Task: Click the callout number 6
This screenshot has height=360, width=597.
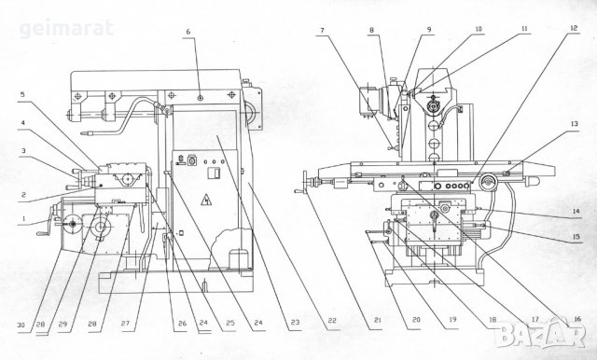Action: coord(188,32)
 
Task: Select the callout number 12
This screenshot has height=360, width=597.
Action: coord(574,28)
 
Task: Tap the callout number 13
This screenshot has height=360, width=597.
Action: coord(575,124)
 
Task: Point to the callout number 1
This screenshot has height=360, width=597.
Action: coord(23,219)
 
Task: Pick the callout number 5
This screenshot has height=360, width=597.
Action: coord(22,94)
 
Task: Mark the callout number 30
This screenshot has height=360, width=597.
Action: coord(21,325)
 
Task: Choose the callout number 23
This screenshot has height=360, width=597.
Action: coord(296,323)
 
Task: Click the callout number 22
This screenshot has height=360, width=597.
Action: coord(332,321)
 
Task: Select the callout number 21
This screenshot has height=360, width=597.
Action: coord(377,320)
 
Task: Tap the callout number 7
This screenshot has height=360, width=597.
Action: coord(322,30)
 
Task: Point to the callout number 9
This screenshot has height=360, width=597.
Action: coord(429,29)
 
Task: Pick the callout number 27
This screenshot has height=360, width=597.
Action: coord(125,324)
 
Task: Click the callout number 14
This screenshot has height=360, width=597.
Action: coord(576,211)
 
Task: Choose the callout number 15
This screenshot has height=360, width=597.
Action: coord(576,237)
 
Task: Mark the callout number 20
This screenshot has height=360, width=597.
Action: coord(416,319)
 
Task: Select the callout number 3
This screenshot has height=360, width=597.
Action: coord(23,151)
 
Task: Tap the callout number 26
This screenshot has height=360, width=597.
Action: coord(183,324)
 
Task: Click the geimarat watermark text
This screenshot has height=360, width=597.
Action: coord(66,29)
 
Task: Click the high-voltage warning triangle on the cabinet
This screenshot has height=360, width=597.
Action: coord(206,200)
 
